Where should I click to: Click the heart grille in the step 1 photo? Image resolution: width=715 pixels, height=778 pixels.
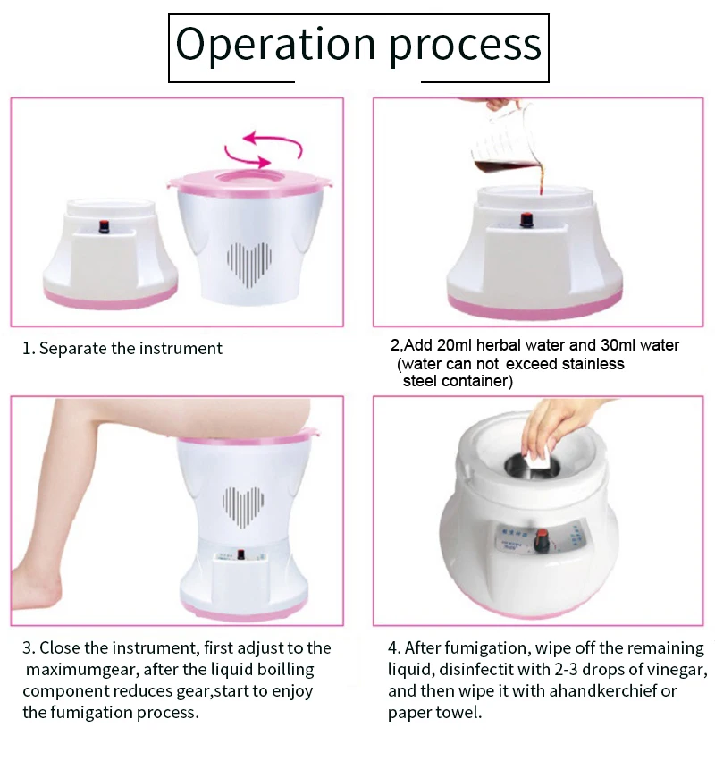[248, 263]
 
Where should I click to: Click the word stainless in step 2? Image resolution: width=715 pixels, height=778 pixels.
[589, 364]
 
